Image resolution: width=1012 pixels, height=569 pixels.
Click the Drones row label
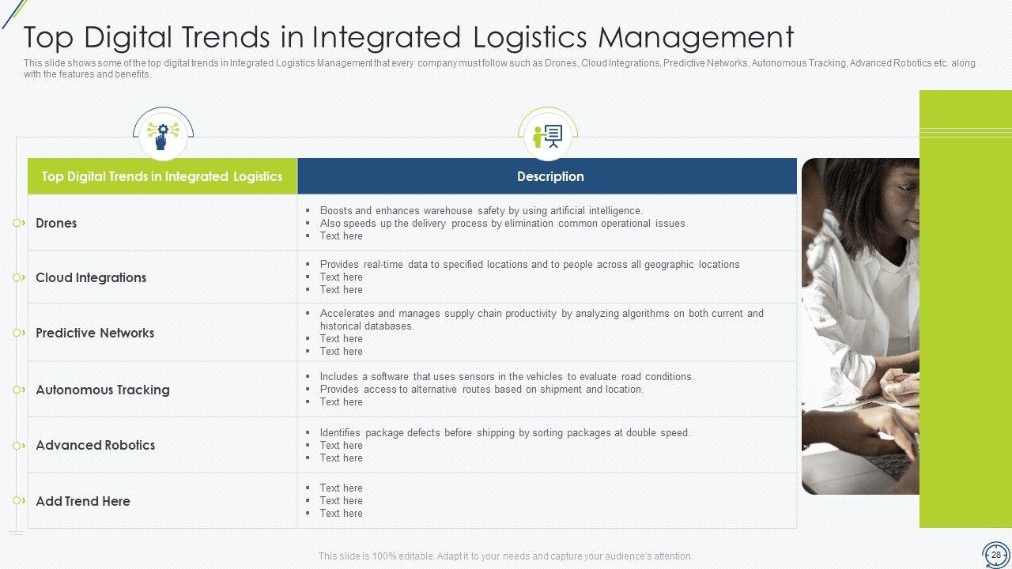[x=56, y=223]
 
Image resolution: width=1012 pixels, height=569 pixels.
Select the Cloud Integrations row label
[x=91, y=277]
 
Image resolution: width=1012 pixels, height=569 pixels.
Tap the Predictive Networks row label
[x=95, y=333]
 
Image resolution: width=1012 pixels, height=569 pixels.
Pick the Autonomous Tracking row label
[x=103, y=390]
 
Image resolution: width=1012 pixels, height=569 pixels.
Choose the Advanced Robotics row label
[x=96, y=445]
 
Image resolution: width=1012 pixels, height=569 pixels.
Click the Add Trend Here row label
[x=83, y=501]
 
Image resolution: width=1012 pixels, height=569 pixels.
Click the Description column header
[x=550, y=176]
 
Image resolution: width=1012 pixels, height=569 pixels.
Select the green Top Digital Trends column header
[x=162, y=176]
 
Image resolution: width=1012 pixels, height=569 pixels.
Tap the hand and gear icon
[x=163, y=135]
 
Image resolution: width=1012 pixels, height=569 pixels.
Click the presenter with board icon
[x=548, y=136]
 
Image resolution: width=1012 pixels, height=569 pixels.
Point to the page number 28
[x=996, y=555]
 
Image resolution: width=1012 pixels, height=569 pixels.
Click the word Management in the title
[x=697, y=37]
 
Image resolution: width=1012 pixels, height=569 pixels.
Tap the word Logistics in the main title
[x=530, y=37]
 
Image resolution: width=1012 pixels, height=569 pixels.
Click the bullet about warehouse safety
[x=481, y=210]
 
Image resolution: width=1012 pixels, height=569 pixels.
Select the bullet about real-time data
[x=530, y=264]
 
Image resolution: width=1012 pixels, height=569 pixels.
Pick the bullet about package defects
[x=505, y=432]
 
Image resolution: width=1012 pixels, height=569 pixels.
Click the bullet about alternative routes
[x=481, y=390]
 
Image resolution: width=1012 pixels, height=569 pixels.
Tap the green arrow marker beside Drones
[x=18, y=223]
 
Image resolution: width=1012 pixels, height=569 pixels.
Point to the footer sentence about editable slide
[x=505, y=556]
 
